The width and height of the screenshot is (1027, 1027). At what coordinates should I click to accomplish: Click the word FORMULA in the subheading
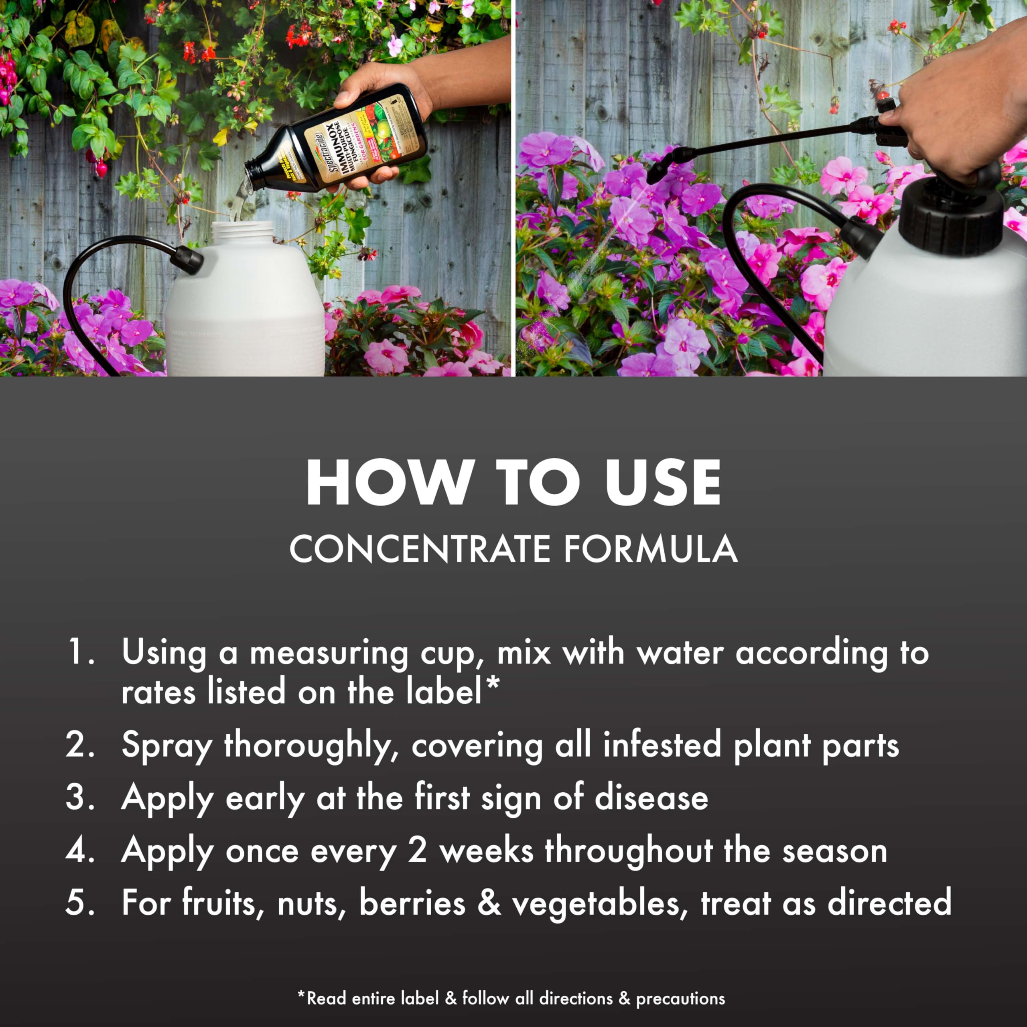[651, 548]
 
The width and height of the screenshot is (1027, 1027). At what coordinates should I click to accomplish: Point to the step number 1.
[80, 652]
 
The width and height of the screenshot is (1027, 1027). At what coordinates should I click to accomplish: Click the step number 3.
[80, 798]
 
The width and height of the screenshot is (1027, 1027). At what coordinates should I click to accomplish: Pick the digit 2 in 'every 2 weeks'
[417, 850]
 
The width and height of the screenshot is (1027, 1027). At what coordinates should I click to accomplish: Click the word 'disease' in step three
[651, 798]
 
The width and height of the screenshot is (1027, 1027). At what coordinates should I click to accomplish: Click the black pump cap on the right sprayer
[952, 218]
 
